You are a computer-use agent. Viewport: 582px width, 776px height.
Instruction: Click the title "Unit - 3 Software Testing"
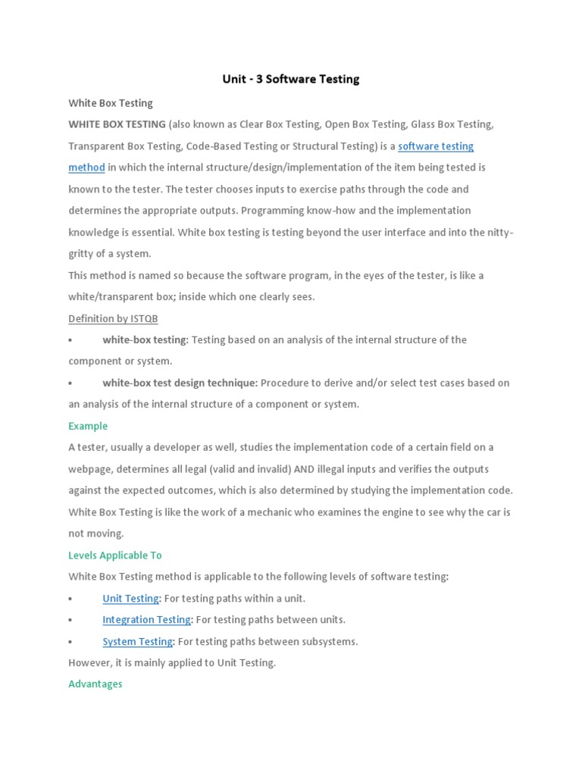pos(291,79)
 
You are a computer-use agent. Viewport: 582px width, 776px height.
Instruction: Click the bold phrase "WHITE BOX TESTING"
pos(117,124)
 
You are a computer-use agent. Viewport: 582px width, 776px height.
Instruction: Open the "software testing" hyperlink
pos(436,146)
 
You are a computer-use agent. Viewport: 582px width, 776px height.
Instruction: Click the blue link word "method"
pos(86,167)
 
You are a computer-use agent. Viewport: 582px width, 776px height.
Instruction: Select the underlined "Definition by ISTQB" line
pos(113,318)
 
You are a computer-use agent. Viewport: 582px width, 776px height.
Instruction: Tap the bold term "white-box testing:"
pos(145,339)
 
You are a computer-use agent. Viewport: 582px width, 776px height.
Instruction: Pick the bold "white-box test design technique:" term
pos(180,383)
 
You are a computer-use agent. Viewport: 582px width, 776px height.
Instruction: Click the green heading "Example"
pos(88,426)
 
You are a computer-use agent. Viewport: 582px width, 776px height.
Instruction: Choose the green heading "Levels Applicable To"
pos(114,555)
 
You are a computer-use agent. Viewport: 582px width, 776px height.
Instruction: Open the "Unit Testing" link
pos(130,599)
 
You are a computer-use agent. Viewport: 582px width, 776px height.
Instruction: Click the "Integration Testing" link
pos(146,620)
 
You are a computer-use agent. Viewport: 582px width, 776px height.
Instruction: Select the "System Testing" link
pos(137,642)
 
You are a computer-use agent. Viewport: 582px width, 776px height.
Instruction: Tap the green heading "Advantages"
pos(95,684)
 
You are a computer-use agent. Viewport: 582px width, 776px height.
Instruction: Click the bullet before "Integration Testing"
pos(70,620)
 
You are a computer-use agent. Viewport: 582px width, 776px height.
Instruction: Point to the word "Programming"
pos(283,211)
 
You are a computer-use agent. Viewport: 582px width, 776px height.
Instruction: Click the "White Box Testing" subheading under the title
pos(110,103)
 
